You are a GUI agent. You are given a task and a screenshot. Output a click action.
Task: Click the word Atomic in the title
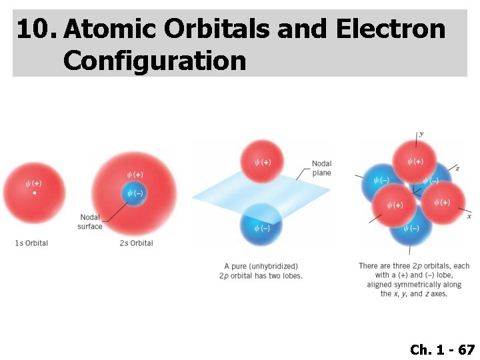point(109,29)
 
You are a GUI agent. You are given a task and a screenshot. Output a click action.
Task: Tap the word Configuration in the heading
point(155,61)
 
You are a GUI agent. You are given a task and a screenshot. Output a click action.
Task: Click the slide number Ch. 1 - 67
point(442,349)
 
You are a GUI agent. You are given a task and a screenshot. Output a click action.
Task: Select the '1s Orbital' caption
point(31,243)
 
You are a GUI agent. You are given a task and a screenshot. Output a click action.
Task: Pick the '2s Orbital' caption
point(136,243)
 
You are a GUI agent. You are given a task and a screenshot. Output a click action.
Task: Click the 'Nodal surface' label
point(90,222)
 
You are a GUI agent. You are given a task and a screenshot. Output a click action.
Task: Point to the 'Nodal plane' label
point(321,169)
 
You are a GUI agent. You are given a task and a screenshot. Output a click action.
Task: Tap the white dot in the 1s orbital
point(35,193)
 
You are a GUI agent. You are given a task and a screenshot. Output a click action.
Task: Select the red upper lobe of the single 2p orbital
point(261,162)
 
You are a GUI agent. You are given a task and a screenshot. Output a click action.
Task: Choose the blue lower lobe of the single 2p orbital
point(261,227)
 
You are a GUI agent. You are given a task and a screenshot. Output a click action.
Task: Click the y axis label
point(421,133)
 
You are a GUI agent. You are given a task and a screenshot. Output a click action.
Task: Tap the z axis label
point(457,168)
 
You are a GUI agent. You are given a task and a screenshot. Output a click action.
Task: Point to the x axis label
point(469,216)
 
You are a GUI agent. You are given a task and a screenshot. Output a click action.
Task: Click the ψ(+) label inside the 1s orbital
point(33,183)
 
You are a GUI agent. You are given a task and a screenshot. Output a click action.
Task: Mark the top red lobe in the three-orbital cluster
point(414,161)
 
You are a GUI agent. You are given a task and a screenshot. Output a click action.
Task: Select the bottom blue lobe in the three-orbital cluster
point(411,229)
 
